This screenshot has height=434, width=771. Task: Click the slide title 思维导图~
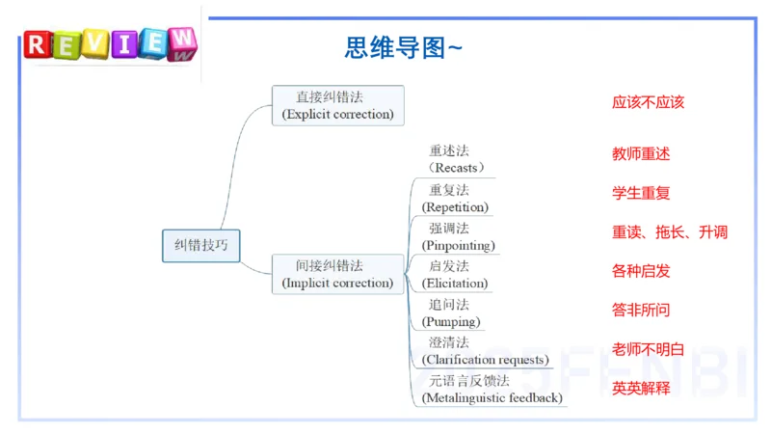403,47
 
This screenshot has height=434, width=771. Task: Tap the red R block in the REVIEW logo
38,44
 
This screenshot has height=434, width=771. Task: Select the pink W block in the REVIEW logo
182,43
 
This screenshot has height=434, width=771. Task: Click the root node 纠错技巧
201,246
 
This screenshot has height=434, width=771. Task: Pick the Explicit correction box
338,105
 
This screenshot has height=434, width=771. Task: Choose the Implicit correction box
338,274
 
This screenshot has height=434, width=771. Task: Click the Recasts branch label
456,159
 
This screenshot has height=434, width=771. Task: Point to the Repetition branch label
455,199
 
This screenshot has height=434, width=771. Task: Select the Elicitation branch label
455,275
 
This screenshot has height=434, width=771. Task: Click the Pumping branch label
451,312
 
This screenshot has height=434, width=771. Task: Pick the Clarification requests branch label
486,351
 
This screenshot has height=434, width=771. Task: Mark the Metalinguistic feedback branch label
492,390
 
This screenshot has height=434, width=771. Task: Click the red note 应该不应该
648,102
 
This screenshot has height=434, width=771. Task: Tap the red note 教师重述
641,154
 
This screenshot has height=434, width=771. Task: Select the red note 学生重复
641,193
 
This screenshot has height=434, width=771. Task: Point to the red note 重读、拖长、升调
670,231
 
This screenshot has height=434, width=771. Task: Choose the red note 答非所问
641,310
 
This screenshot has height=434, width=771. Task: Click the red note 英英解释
641,389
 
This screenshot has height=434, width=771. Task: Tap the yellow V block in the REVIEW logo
95,43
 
